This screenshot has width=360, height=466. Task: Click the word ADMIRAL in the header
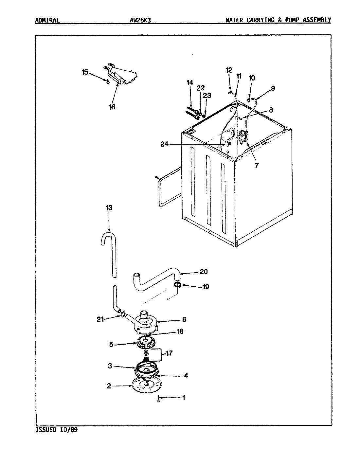[x=47, y=20]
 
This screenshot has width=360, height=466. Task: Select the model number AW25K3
[x=140, y=20]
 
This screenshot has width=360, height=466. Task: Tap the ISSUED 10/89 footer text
[x=56, y=430]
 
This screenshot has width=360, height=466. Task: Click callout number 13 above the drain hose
[x=109, y=208]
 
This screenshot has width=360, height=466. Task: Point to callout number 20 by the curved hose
[x=203, y=272]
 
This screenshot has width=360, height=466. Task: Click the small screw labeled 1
[x=158, y=399]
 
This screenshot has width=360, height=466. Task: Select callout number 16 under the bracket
[x=112, y=107]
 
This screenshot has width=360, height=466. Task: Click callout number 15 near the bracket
[x=85, y=72]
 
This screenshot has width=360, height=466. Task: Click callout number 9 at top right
[x=273, y=88]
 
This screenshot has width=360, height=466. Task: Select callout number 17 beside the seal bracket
[x=170, y=353]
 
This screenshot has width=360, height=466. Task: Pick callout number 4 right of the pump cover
[x=186, y=376]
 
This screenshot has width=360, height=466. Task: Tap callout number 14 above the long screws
[x=190, y=82]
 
